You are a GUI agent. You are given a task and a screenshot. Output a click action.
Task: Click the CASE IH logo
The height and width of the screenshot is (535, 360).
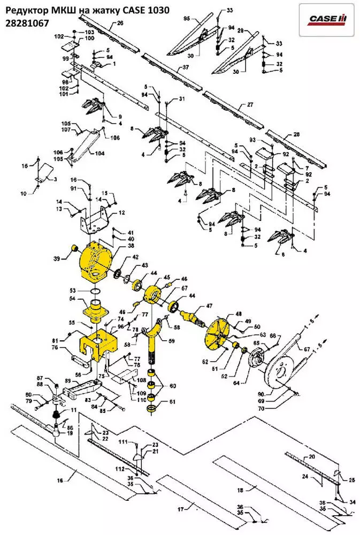327,19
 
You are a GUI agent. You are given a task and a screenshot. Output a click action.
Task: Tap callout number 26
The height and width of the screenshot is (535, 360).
120,23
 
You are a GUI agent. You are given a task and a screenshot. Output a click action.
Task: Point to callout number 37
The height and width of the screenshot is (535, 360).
186,67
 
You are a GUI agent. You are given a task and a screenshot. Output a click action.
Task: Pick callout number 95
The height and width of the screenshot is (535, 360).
187,19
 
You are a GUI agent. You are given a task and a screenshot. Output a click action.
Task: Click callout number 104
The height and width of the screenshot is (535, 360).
100,154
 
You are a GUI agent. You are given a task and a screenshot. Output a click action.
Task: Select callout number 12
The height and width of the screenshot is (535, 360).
121,212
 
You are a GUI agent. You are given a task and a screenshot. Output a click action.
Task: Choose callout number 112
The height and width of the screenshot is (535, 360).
120,469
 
